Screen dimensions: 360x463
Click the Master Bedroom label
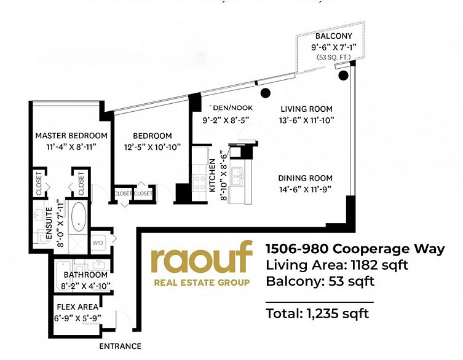coord(71,135)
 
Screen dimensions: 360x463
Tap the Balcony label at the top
coord(334,36)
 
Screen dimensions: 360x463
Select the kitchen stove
coord(200,181)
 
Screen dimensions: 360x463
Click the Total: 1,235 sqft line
coord(317,314)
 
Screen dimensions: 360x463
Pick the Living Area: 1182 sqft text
coord(336,265)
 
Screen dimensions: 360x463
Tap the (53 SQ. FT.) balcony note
coord(333,57)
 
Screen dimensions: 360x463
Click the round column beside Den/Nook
coord(266,93)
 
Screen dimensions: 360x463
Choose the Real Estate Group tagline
coord(201,283)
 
